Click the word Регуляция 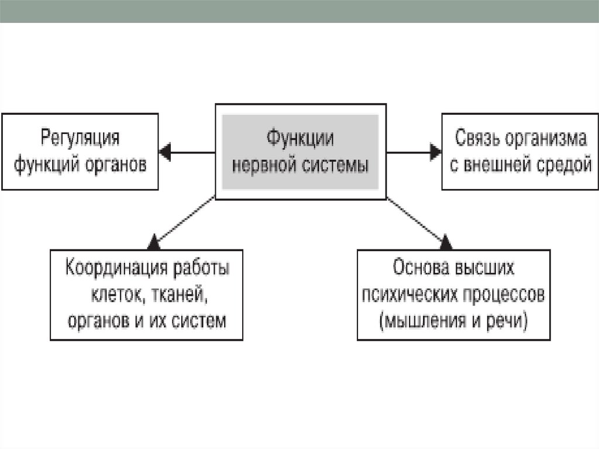coord(80,139)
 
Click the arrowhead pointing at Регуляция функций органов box coord(165,153)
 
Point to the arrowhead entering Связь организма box coord(435,153)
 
